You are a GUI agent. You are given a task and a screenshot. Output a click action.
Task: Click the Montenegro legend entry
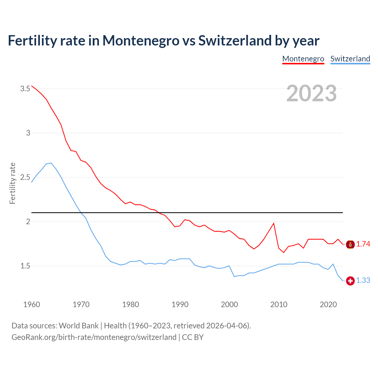[303, 59]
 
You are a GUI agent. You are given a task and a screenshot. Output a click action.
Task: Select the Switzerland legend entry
[350, 59]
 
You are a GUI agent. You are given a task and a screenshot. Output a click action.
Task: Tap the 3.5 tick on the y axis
[25, 89]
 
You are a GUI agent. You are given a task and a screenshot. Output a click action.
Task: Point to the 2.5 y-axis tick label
[25, 177]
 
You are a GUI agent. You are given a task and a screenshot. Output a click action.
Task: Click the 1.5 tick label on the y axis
[25, 266]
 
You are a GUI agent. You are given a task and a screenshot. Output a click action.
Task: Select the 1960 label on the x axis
[32, 304]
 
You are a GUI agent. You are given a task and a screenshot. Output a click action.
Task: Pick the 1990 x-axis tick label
[180, 304]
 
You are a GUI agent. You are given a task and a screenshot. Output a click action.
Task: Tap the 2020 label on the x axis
[328, 304]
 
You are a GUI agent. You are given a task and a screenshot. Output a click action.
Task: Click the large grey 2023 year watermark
[311, 93]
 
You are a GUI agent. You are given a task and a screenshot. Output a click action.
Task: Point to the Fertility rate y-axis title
[12, 183]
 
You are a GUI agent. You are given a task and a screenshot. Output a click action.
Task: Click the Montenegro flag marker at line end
[350, 244]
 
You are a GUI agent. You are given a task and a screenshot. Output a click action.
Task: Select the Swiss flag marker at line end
[350, 281]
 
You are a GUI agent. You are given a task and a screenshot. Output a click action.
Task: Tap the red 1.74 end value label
[363, 244]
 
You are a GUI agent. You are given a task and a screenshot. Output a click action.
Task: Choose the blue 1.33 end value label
[363, 280]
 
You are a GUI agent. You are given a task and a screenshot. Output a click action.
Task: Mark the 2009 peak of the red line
[274, 223]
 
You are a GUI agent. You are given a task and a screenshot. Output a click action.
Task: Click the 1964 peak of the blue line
[51, 163]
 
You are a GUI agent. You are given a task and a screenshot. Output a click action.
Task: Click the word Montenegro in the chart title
[141, 40]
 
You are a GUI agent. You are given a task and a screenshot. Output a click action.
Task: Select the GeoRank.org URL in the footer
[94, 337]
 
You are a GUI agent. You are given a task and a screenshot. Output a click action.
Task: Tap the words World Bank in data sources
[79, 326]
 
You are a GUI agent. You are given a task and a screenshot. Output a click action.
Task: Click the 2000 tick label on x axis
[229, 304]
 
